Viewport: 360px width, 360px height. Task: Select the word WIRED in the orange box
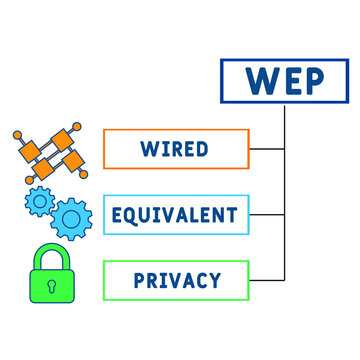(x=176, y=149)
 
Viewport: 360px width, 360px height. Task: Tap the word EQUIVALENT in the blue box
(x=176, y=214)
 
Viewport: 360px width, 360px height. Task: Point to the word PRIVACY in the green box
(x=176, y=280)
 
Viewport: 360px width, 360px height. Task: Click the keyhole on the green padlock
(x=51, y=287)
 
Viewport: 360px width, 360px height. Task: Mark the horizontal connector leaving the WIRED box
(x=267, y=149)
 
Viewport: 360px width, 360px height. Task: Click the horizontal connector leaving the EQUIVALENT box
(x=267, y=214)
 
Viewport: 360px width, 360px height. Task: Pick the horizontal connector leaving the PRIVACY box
(x=267, y=280)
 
